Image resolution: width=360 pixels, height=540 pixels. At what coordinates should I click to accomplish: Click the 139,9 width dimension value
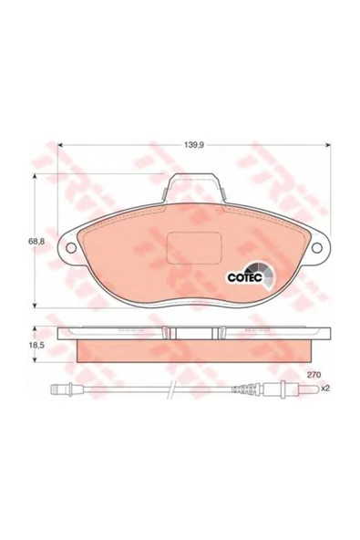[x=194, y=145]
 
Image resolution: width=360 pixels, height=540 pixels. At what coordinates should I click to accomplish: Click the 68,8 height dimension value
[x=36, y=242]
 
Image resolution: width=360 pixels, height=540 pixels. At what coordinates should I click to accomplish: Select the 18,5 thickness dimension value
[x=36, y=346]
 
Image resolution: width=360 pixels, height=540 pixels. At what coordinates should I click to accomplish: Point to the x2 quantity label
[x=325, y=389]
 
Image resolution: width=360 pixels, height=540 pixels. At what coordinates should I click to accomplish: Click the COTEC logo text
[x=245, y=278]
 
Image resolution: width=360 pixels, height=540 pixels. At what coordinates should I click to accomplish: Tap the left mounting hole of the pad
[x=71, y=247]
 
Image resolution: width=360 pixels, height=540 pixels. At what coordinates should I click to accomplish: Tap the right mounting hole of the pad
[x=316, y=247]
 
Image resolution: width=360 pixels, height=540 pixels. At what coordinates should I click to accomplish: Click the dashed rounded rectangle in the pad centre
[x=193, y=248]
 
